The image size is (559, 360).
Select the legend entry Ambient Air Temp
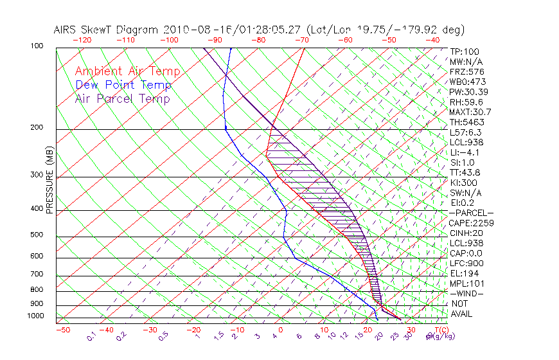127,71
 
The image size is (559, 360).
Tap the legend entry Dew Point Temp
123,85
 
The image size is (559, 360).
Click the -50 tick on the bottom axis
62,330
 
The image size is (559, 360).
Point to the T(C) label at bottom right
438,330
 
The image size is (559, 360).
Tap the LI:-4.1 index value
464,152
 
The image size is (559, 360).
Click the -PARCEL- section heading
471,213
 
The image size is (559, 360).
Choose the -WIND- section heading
467,293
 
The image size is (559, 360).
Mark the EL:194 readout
463,273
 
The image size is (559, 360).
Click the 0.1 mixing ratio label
91,336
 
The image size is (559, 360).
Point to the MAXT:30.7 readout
470,112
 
